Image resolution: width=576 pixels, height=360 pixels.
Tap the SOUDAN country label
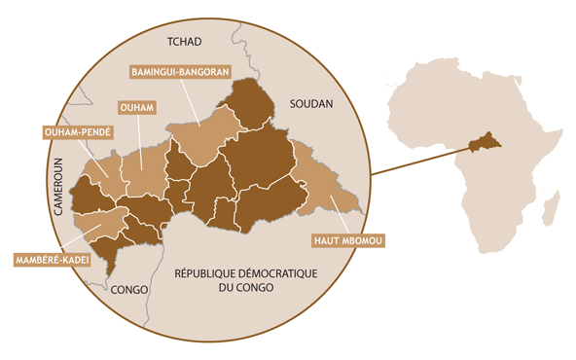click(x=310, y=103)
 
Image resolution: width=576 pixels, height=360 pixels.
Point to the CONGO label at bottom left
click(x=129, y=290)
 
